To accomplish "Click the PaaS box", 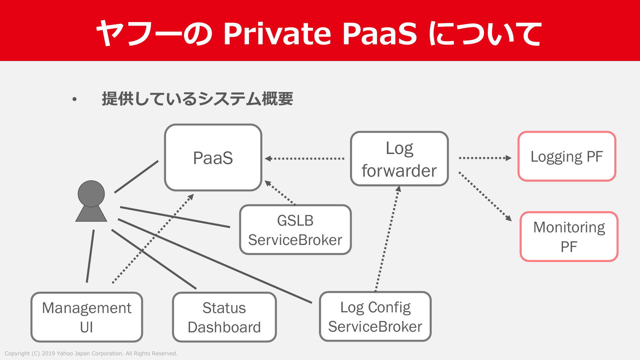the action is (213, 158).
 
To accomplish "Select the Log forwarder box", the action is (399, 159).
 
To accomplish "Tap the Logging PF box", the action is (567, 156).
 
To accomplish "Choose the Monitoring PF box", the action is (569, 237).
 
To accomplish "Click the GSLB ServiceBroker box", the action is (295, 230).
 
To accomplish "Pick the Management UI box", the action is (87, 317).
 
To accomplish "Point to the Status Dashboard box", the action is (224, 317).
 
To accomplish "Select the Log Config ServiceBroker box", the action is (375, 317).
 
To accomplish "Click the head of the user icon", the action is (91, 194).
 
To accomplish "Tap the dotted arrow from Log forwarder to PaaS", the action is (305, 159).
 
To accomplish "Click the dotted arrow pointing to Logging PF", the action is (485, 158).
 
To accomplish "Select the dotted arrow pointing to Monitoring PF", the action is (485, 197).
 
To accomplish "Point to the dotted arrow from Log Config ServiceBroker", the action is (387, 239).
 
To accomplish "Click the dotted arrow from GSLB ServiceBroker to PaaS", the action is (280, 193).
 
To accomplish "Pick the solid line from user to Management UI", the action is (90, 256).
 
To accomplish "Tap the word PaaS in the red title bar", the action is (380, 33).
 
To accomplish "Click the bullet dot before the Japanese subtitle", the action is (74, 99).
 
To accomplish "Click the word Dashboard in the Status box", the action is (224, 327).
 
